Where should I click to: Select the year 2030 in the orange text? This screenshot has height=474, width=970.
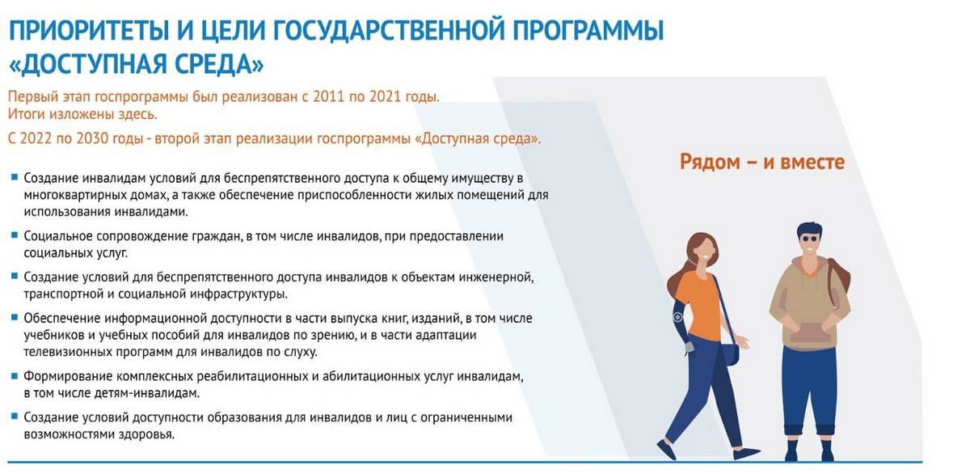point(92,138)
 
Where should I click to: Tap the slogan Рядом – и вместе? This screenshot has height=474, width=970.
point(762,162)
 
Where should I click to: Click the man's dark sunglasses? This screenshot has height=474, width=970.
point(809,238)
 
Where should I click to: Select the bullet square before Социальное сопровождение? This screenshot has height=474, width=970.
point(15,235)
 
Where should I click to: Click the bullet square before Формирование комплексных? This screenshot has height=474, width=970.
point(15,375)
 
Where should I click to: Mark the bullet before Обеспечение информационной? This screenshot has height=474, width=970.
point(15,318)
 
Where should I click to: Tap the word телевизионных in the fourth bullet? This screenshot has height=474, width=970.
point(68,351)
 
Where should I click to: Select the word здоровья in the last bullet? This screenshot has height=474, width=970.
point(147,434)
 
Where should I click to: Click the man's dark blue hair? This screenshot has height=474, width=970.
point(808,229)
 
